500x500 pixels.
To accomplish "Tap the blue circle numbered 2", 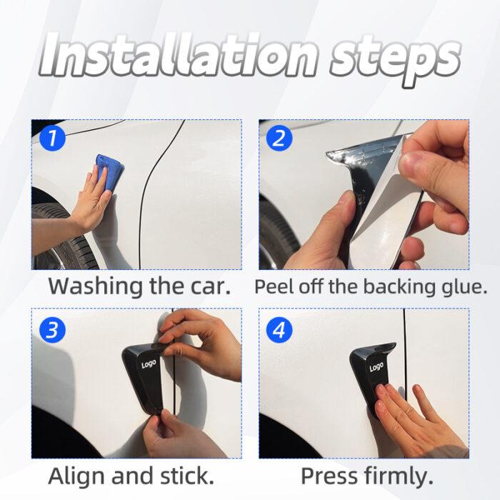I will point(279,137).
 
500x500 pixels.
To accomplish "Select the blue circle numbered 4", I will point(279,330).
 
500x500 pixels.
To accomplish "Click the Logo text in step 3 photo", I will point(149,364).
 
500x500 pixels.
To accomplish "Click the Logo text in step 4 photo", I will point(376,367).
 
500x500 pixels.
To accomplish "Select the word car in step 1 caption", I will point(209,287).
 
